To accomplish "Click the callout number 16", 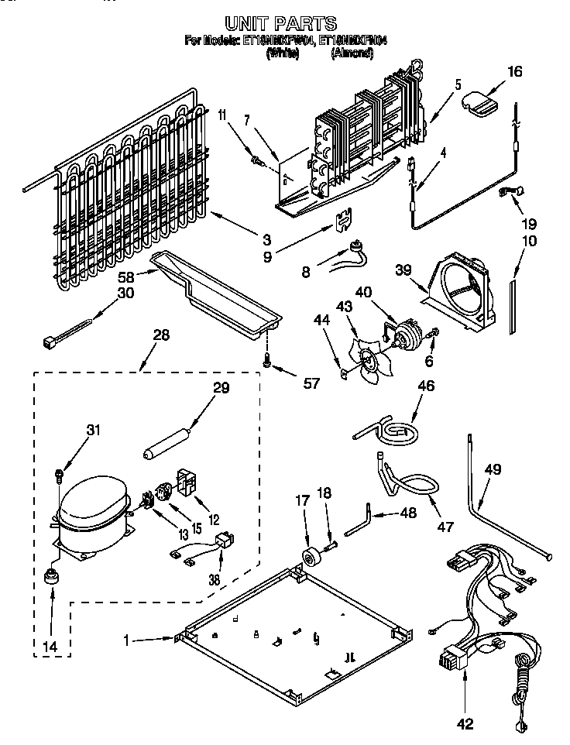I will (x=515, y=72).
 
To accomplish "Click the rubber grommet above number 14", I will (x=53, y=575).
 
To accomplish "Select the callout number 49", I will (x=493, y=469).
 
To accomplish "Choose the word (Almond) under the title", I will (x=352, y=54).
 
